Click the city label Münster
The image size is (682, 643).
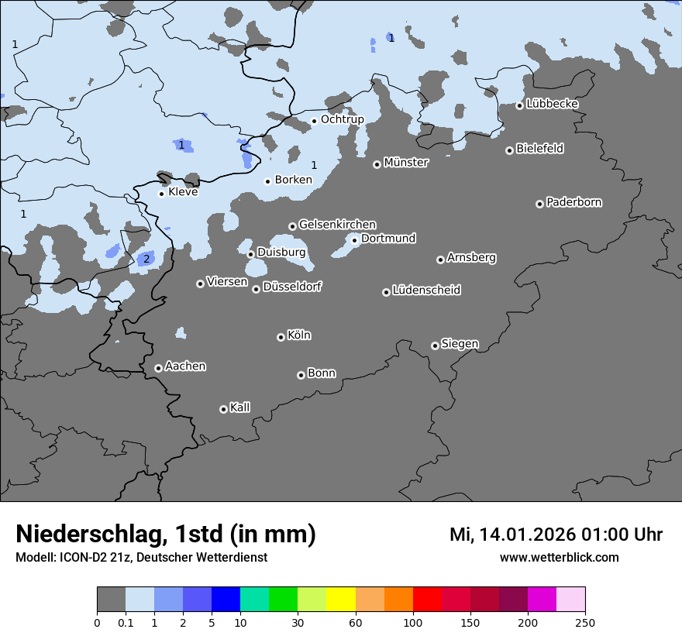tap(405, 163)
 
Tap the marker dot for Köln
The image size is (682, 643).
tap(281, 337)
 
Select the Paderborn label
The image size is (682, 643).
tap(573, 202)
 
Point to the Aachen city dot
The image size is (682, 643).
tap(158, 368)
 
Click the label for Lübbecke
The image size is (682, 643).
tap(552, 104)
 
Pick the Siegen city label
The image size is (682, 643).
tap(460, 344)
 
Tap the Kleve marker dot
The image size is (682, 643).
tap(161, 194)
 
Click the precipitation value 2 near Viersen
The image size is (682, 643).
tap(146, 259)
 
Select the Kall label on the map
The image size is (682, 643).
tap(239, 407)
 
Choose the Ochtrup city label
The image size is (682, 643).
tap(342, 119)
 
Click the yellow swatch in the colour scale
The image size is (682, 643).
tap(341, 600)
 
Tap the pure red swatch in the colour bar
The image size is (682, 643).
tap(427, 600)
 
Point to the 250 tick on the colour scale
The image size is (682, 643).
tap(584, 622)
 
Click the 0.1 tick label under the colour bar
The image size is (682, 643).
tap(126, 622)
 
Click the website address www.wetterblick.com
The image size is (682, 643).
tap(559, 557)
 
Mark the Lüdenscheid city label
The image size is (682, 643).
tap(426, 291)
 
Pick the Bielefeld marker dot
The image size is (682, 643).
tap(509, 150)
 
